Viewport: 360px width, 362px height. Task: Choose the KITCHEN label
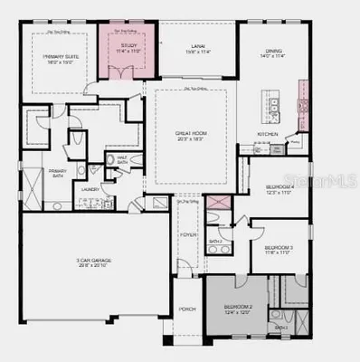click(x=267, y=134)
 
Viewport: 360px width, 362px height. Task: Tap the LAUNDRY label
click(x=89, y=189)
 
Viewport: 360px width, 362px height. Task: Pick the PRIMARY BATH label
click(x=57, y=173)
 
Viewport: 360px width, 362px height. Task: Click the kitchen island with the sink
click(x=268, y=101)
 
